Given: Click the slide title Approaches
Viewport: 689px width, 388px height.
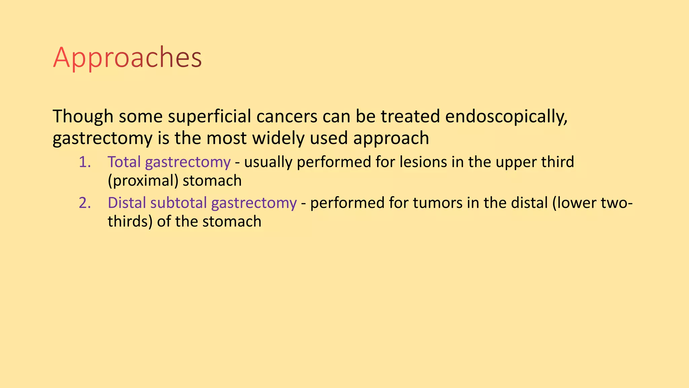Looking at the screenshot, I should (127, 58).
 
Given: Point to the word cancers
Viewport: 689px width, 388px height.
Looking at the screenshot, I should (287, 116).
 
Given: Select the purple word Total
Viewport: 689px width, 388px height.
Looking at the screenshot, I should (124, 162).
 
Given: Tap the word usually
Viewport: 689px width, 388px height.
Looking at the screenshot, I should (268, 162).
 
